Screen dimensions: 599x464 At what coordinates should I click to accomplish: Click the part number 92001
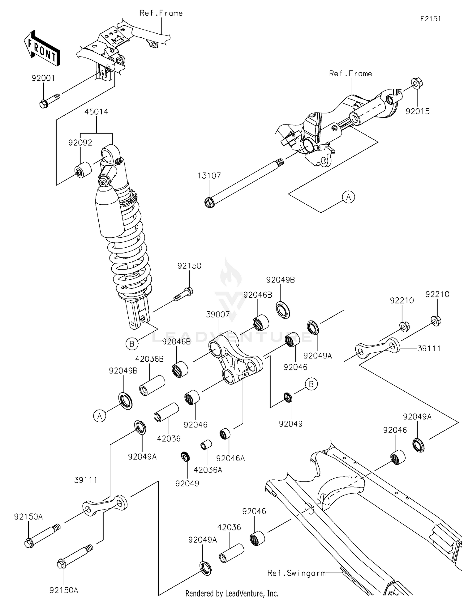point(43,78)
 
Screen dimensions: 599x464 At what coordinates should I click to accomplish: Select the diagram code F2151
point(430,19)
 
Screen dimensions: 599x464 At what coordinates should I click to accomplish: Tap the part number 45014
point(96,112)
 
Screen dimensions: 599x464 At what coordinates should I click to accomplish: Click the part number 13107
point(209,176)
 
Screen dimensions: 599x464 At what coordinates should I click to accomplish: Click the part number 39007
point(218,315)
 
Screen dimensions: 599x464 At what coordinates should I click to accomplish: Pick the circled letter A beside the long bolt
point(348,197)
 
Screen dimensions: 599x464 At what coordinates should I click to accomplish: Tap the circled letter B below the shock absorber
point(132,344)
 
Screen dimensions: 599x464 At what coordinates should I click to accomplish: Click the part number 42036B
point(149,359)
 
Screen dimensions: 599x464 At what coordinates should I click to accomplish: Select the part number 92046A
point(230,458)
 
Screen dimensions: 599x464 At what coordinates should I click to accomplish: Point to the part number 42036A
point(208,470)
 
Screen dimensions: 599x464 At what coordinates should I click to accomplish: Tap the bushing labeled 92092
point(83,170)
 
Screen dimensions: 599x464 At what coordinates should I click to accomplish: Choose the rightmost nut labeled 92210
point(436,321)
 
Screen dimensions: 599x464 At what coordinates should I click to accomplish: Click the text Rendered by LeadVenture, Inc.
point(232,593)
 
